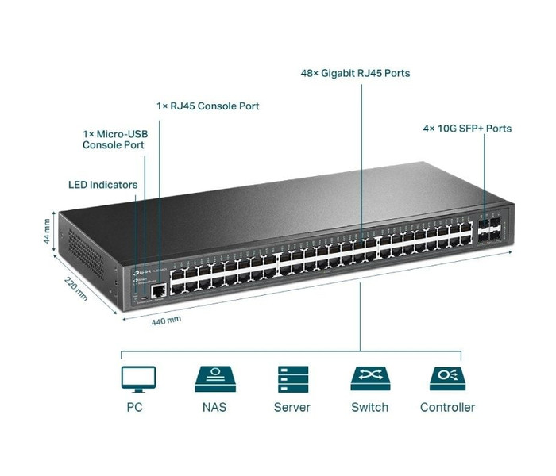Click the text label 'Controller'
tap(447, 408)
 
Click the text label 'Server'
tap(292, 408)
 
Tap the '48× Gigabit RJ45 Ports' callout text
tap(355, 74)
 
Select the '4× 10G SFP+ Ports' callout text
tap(466, 128)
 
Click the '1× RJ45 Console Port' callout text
tap(207, 106)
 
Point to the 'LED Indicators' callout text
tap(102, 185)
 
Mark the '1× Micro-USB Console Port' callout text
tap(114, 140)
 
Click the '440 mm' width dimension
tap(167, 320)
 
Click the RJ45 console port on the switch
tap(159, 290)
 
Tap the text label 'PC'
tap(135, 408)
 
